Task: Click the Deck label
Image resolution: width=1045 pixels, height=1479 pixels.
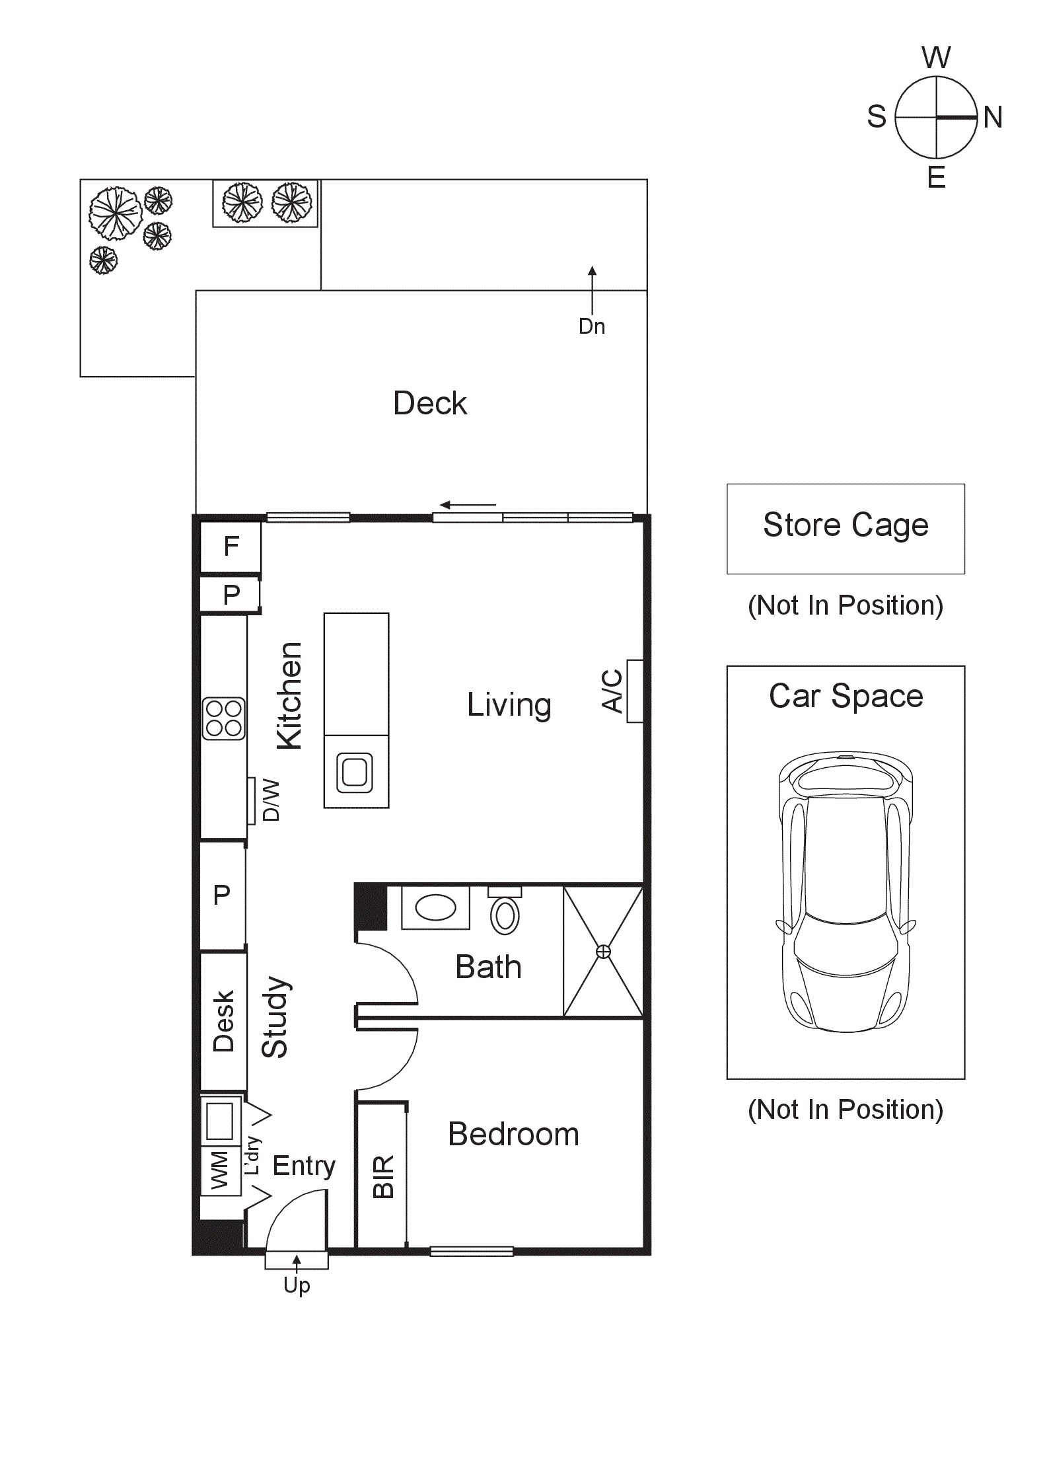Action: (x=429, y=403)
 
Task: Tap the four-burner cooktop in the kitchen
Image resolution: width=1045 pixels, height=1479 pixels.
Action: (x=223, y=718)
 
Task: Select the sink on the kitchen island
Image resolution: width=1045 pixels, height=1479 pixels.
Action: (x=355, y=772)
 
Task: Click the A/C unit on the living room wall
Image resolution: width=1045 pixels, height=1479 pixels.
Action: (x=634, y=691)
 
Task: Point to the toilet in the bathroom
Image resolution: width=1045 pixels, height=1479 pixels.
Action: (x=505, y=914)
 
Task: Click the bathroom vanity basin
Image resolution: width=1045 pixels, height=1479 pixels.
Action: (x=435, y=907)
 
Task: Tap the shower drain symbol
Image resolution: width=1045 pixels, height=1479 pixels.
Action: (x=603, y=951)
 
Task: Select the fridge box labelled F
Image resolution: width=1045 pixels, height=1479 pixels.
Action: (x=231, y=547)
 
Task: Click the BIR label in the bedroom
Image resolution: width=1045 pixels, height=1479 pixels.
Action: (x=384, y=1177)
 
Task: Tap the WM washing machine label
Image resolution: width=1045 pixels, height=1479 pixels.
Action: (x=219, y=1170)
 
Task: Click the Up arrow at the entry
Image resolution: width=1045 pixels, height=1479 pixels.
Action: (x=297, y=1262)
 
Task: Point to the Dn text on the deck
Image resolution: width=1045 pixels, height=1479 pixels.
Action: (x=591, y=326)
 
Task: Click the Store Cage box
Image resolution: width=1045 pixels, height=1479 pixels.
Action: (x=845, y=528)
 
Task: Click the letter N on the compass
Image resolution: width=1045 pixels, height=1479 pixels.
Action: (x=992, y=118)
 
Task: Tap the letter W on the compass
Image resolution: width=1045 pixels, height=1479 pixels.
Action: (x=935, y=58)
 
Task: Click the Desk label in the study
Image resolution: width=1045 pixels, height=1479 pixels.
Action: (x=224, y=1021)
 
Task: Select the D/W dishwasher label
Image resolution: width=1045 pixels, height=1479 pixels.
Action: (x=271, y=800)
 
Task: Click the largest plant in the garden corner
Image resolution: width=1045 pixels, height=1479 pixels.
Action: (x=116, y=213)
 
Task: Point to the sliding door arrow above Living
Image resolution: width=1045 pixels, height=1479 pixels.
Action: (x=468, y=505)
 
